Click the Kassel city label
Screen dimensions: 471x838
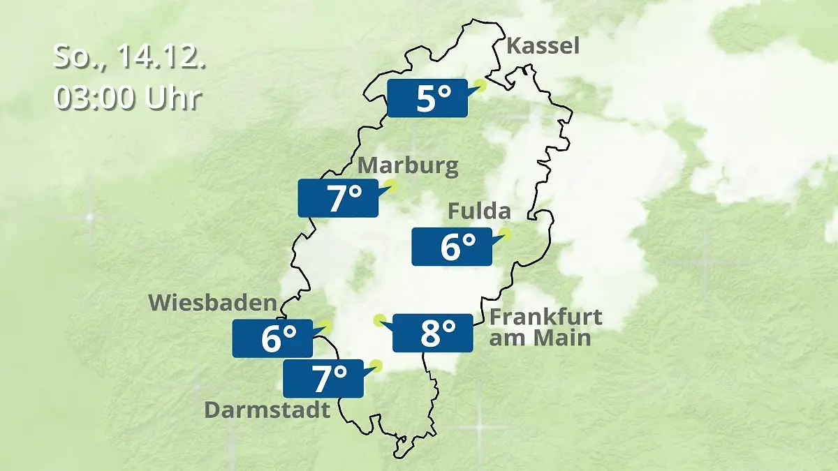point(543,47)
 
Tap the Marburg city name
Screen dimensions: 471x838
point(409,166)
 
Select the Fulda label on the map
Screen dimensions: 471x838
point(479,211)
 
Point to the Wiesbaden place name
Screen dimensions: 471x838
point(213,303)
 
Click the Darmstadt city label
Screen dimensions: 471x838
point(267,410)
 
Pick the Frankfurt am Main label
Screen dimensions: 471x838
point(545,327)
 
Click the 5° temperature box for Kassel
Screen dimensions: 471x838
point(427,98)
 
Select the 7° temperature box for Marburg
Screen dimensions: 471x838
point(339,198)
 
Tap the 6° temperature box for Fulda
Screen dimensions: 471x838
point(452,246)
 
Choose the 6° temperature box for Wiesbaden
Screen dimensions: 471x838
point(272,338)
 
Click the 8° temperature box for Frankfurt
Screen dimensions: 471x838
point(433,334)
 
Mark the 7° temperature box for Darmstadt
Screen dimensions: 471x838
point(323,379)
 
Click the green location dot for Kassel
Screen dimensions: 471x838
point(480,86)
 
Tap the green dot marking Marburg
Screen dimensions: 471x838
point(391,186)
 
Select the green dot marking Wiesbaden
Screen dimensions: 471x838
point(325,325)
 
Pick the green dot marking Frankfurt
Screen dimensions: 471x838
point(380,320)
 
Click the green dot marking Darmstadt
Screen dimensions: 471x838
point(377,365)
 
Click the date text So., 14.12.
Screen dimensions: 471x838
point(130,57)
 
